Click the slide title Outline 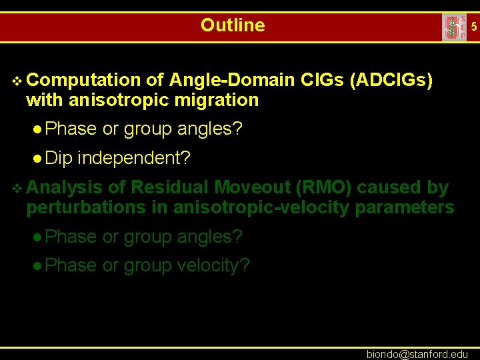(x=233, y=25)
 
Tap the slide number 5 (x=474, y=27)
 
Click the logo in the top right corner (x=454, y=27)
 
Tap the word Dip (x=59, y=158)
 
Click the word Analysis (x=65, y=188)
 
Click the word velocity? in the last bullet (x=214, y=265)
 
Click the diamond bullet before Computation (x=17, y=81)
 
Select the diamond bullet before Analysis (x=17, y=189)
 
